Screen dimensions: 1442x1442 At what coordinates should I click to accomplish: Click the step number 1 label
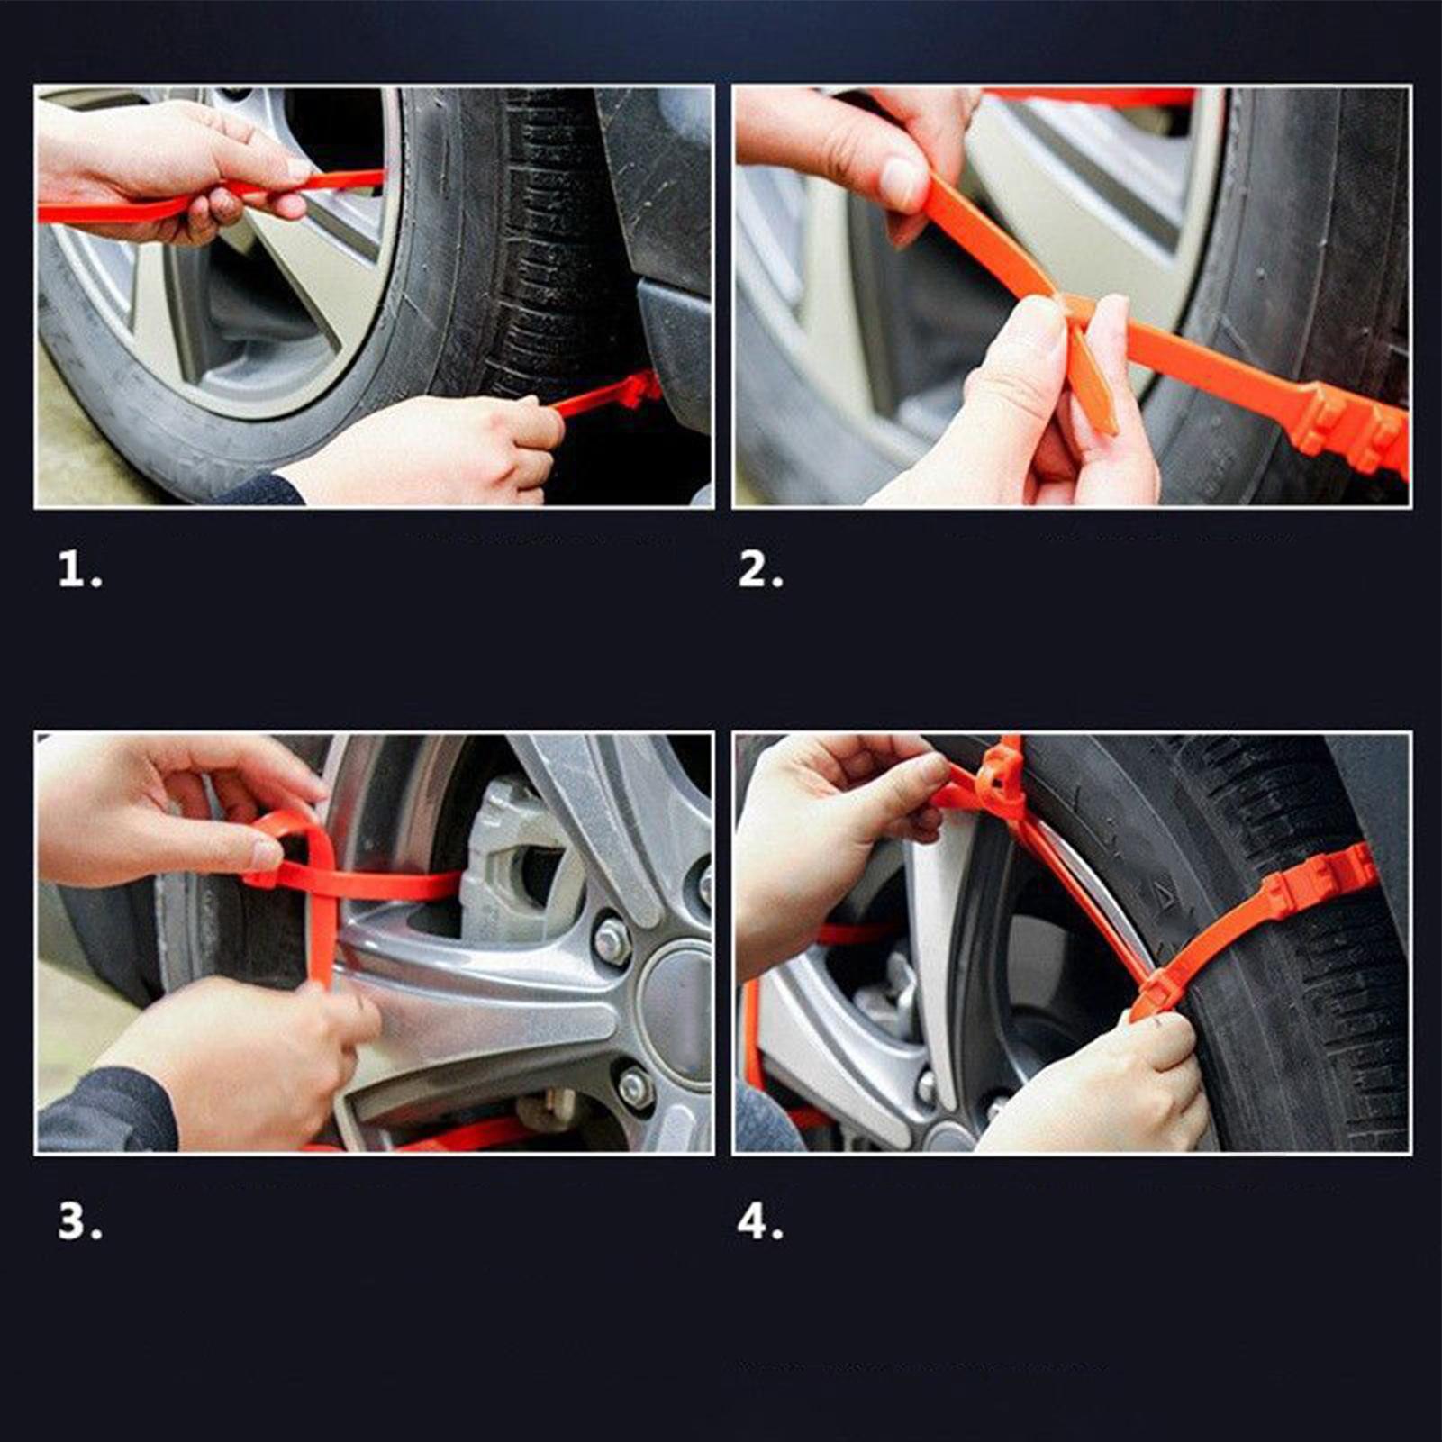[x=79, y=570]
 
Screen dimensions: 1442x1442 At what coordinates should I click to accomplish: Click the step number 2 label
[x=760, y=570]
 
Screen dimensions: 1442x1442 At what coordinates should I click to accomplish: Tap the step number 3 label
[x=79, y=1222]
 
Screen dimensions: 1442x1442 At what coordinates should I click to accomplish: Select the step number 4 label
[x=760, y=1222]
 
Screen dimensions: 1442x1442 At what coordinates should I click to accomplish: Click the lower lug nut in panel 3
[x=634, y=1085]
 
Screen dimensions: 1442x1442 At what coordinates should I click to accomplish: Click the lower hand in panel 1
[x=432, y=450]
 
